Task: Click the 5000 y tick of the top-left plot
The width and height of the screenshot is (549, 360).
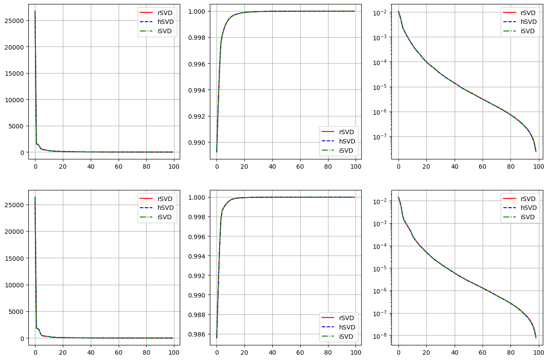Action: click(19, 126)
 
